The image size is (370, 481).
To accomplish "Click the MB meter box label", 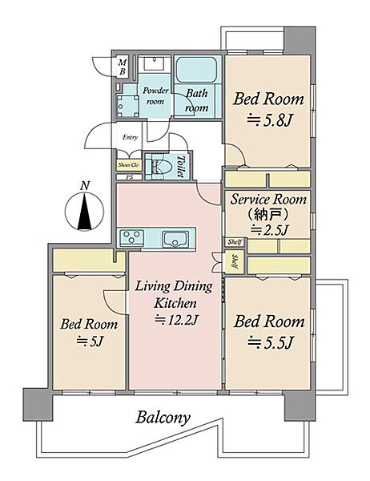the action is pyautogui.click(x=123, y=67).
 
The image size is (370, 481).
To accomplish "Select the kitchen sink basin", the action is pyautogui.click(x=175, y=239).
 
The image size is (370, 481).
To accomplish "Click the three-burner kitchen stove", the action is pyautogui.click(x=132, y=237).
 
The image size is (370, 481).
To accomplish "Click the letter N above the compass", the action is pyautogui.click(x=85, y=186).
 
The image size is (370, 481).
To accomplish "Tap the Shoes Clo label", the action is pyautogui.click(x=128, y=165).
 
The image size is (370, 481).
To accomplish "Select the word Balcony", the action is pyautogui.click(x=163, y=418).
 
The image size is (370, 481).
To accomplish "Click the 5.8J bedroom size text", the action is pyautogui.click(x=269, y=121).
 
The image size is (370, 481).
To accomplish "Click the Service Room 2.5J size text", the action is pyautogui.click(x=269, y=230).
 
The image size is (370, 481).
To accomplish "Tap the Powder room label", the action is pyautogui.click(x=155, y=95).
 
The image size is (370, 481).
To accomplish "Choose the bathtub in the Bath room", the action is pyautogui.click(x=196, y=69).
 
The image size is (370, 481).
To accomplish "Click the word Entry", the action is pyautogui.click(x=130, y=137).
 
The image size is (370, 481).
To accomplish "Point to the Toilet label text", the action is pyautogui.click(x=181, y=166).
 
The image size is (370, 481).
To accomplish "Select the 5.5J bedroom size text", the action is pyautogui.click(x=270, y=342).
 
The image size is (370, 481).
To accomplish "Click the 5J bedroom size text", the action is pyautogui.click(x=90, y=342).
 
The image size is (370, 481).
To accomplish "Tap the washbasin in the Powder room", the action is pyautogui.click(x=154, y=63).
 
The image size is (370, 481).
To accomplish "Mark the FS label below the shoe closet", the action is pyautogui.click(x=129, y=177).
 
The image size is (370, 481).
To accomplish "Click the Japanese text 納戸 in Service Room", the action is pyautogui.click(x=268, y=214).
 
